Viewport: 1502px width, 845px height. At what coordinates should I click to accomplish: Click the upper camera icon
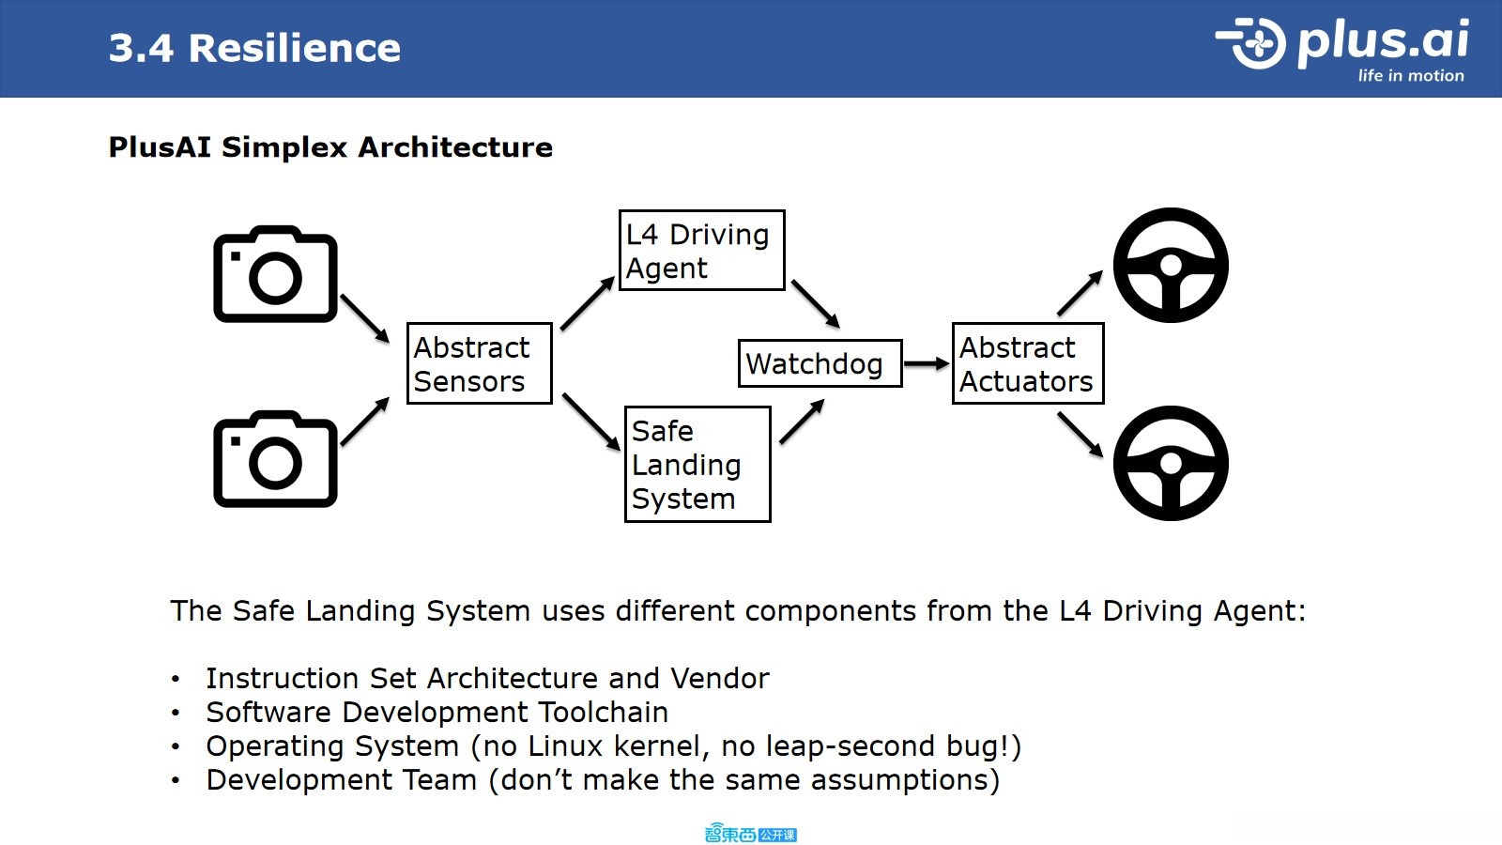click(x=276, y=273)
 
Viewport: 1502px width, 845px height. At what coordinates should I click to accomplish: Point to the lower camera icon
click(x=276, y=459)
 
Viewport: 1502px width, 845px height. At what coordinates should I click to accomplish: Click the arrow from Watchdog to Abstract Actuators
click(x=927, y=363)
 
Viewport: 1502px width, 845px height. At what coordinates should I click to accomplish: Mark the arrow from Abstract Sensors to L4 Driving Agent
click(x=588, y=303)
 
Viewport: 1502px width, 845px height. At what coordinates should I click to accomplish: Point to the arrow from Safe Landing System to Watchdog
click(x=802, y=422)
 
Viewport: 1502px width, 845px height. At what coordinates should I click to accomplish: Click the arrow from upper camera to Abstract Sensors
click(x=365, y=318)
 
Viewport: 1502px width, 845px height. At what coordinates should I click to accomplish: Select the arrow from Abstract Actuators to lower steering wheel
click(x=1081, y=436)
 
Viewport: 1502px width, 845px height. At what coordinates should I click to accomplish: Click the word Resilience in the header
click(x=295, y=48)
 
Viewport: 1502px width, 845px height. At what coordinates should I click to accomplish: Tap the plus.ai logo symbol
click(x=1251, y=43)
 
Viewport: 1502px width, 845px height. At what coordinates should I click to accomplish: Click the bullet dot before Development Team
click(x=176, y=780)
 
